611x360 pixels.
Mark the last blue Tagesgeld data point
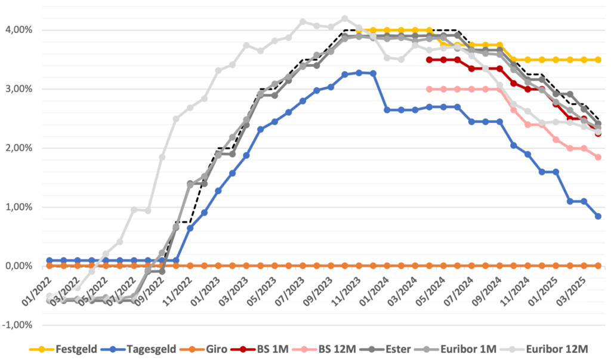point(598,216)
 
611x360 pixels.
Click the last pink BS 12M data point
point(598,157)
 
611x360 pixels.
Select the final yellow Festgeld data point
point(598,60)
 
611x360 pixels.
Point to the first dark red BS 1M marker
point(429,60)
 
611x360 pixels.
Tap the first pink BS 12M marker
point(429,89)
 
